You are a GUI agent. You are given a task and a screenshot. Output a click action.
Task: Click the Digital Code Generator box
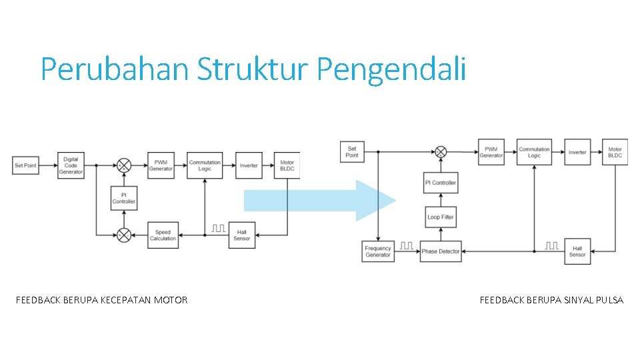[x=71, y=165]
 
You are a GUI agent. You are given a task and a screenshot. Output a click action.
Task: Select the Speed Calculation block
[x=163, y=235]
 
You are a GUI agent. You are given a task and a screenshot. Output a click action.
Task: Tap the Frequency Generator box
[x=378, y=251]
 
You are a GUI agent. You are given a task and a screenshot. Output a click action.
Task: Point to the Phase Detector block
[x=441, y=251]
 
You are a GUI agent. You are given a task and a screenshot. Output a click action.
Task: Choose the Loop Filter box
[x=441, y=217]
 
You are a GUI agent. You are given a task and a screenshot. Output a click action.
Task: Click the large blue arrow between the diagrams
[x=320, y=201]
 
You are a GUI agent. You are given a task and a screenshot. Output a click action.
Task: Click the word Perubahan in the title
[x=115, y=69]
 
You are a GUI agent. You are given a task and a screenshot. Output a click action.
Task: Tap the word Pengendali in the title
[x=391, y=69]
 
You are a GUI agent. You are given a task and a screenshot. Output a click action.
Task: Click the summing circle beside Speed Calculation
[x=124, y=235]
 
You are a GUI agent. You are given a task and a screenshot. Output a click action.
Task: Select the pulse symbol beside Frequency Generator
[x=406, y=247]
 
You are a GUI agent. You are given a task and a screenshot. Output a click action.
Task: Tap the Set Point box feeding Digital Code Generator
[x=25, y=165]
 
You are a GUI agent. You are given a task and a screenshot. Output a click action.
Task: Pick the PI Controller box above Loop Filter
[x=441, y=183]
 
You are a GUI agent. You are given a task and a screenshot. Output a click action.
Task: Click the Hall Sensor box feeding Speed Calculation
[x=242, y=235]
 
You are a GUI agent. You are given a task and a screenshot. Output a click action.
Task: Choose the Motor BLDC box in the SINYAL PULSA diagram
[x=615, y=153]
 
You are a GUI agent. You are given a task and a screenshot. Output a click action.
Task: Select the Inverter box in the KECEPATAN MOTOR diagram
[x=249, y=165]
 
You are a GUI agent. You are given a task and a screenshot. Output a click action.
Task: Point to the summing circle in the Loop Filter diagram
[x=441, y=152]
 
